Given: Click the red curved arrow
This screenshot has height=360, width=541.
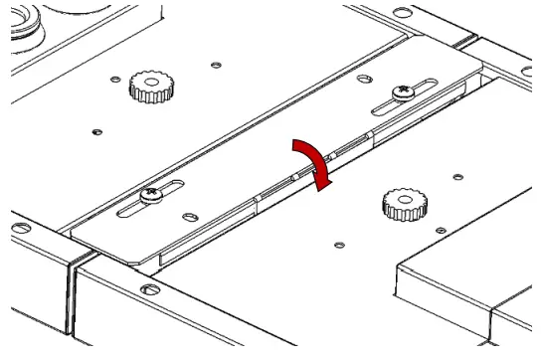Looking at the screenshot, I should coord(311,158).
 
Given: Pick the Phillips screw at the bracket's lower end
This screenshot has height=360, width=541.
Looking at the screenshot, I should coord(150,197).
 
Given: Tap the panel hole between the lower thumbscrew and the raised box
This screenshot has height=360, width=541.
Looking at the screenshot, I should coord(339,243).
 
